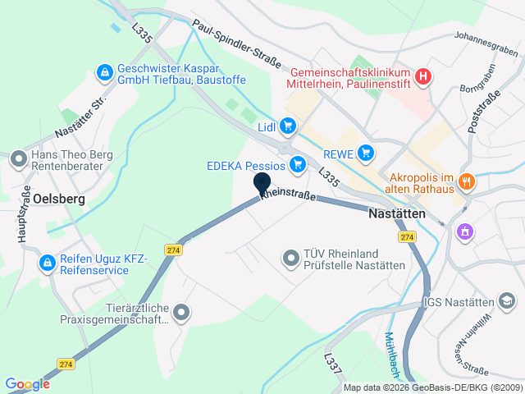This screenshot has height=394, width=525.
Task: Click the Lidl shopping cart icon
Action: coord(287,126)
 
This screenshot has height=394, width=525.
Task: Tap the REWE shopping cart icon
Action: coord(366,153)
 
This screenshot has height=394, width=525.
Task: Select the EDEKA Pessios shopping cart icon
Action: coord(299,165)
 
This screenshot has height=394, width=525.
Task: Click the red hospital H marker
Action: coord(422,76)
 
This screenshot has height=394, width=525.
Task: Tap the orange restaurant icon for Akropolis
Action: coord(467,181)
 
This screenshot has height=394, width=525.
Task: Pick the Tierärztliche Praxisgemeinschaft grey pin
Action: coord(181,313)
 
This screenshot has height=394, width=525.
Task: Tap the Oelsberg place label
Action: coord(60,198)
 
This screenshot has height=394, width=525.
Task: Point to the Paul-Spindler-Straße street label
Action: coord(237,44)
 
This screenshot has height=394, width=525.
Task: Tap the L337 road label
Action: coord(331,364)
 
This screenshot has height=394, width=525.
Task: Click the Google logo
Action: coord(27,383)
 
